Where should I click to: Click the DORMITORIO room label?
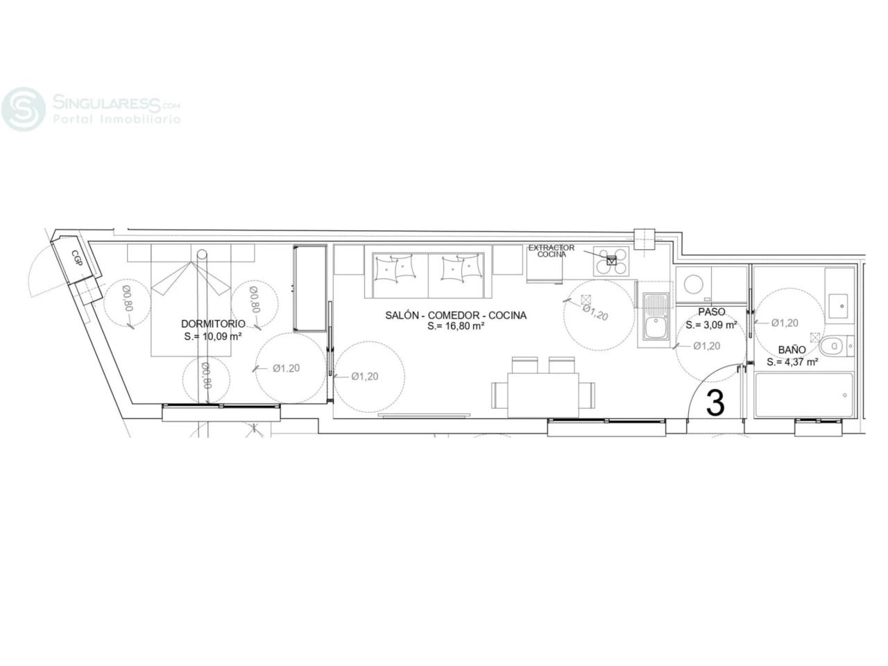pyautogui.click(x=213, y=324)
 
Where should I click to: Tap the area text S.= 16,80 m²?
pyautogui.click(x=456, y=326)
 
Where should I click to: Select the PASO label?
pyautogui.click(x=712, y=311)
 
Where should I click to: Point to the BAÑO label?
pyautogui.click(x=792, y=350)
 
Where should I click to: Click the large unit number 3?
pyautogui.click(x=715, y=403)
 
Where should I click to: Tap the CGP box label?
pyautogui.click(x=76, y=258)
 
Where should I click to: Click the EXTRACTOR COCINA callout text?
pyautogui.click(x=552, y=250)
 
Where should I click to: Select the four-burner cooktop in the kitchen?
pyautogui.click(x=611, y=262)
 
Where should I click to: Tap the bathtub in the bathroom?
pyautogui.click(x=804, y=395)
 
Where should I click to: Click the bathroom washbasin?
pyautogui.click(x=838, y=306)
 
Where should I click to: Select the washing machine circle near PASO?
pyautogui.click(x=694, y=284)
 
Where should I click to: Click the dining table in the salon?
pyautogui.click(x=543, y=395)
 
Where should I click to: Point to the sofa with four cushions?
pyautogui.click(x=429, y=275)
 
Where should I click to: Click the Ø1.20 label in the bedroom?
pyautogui.click(x=286, y=368)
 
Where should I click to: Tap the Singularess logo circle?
pyautogui.click(x=24, y=109)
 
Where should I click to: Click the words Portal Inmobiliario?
pyautogui.click(x=117, y=119)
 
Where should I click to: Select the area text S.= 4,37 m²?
pyautogui.click(x=792, y=362)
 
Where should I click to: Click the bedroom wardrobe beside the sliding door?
pyautogui.click(x=310, y=288)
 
